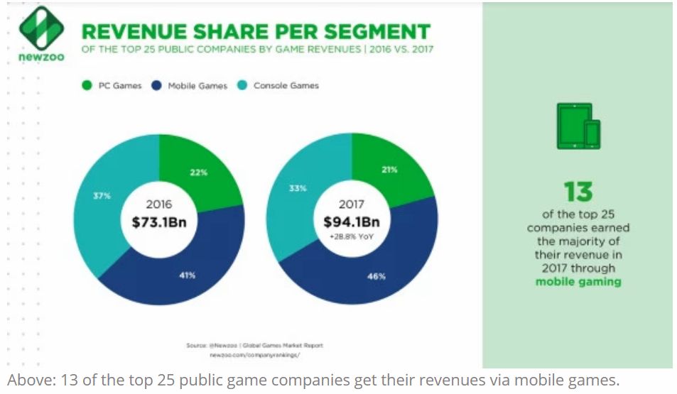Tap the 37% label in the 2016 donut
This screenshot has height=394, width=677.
pos(102,195)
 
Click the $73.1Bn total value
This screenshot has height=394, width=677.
pos(159,221)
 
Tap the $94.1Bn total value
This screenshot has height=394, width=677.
pos(352,221)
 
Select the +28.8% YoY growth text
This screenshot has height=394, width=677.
pos(352,236)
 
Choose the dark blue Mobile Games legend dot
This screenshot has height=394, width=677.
pos(156,86)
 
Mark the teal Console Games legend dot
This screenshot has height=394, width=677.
pos(242,86)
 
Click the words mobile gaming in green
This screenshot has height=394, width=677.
pos(578,282)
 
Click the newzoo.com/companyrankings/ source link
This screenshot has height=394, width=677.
pos(254,354)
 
